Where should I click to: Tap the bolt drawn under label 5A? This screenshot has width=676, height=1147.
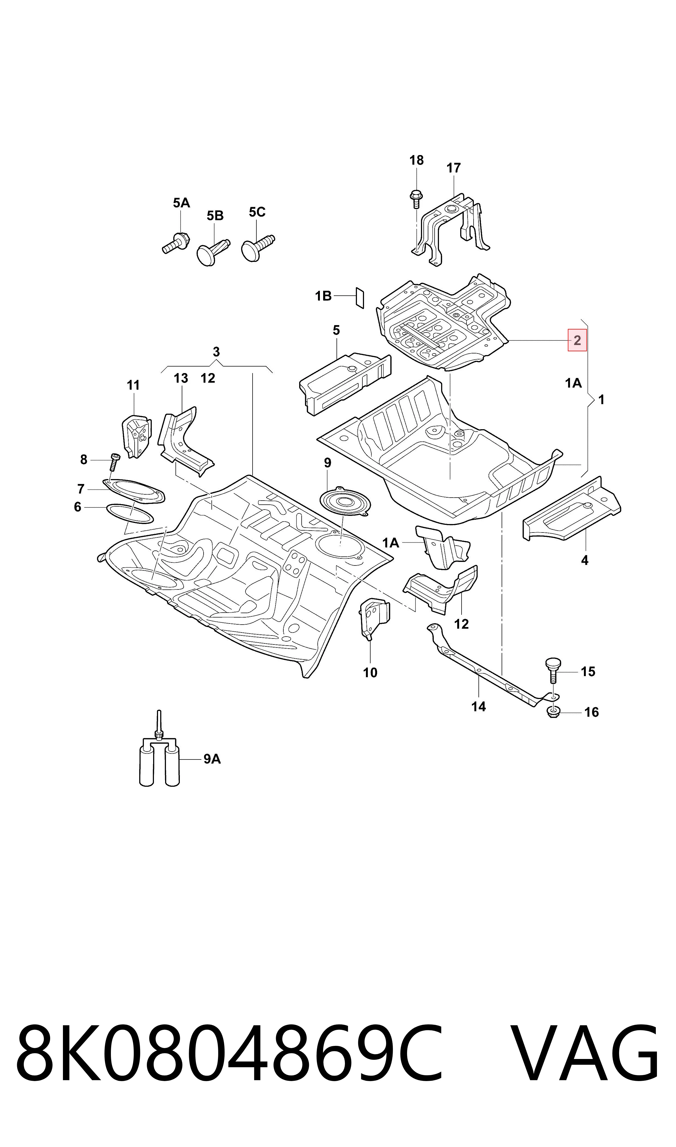click(x=175, y=242)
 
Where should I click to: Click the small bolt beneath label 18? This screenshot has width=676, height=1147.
click(x=416, y=199)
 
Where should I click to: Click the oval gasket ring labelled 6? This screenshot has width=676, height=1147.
click(x=129, y=514)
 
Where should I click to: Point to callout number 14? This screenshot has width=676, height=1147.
click(x=478, y=707)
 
